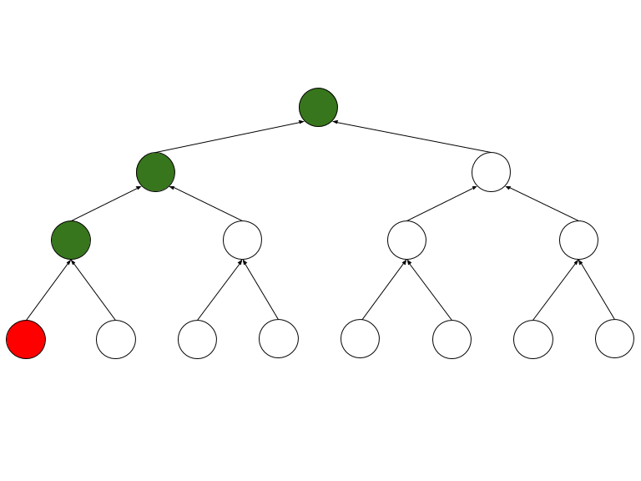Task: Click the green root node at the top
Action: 318,107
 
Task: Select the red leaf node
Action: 26,339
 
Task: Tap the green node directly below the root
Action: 156,173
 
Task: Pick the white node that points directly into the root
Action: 491,172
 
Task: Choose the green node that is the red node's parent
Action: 71,240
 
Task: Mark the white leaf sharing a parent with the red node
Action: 116,339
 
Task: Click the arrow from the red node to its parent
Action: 48,290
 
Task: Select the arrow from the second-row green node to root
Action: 229,138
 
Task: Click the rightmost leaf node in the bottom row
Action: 614,339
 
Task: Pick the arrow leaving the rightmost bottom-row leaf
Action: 598,291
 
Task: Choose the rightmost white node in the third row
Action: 578,240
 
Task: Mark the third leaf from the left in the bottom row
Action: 198,339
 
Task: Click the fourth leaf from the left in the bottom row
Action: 279,339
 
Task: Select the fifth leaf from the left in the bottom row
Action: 361,339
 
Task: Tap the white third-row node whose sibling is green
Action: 242,240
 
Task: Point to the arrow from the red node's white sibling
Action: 93,290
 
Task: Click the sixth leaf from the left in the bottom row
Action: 452,339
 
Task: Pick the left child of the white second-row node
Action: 406,240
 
